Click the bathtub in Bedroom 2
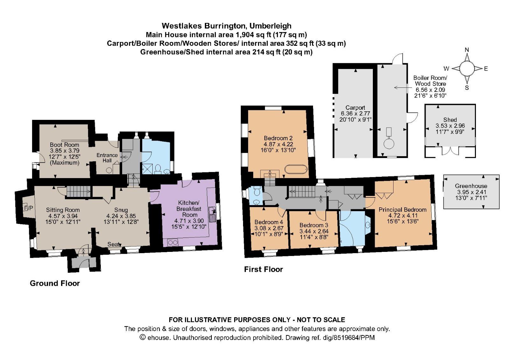click(x=296, y=169)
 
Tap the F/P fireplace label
click(x=28, y=208)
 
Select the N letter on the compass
click(x=467, y=50)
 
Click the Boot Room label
click(x=64, y=145)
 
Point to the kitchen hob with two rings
click(x=172, y=243)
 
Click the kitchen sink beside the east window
click(x=212, y=215)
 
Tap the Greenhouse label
click(x=471, y=186)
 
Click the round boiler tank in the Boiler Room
click(x=389, y=143)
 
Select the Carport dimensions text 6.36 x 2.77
click(x=355, y=114)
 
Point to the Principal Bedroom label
click(x=402, y=210)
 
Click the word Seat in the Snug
click(x=114, y=244)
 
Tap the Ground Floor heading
click(x=55, y=283)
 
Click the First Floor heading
click(x=263, y=269)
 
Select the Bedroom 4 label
click(x=269, y=222)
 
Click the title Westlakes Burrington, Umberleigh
click(x=227, y=26)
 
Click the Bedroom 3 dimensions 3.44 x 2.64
click(x=314, y=231)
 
